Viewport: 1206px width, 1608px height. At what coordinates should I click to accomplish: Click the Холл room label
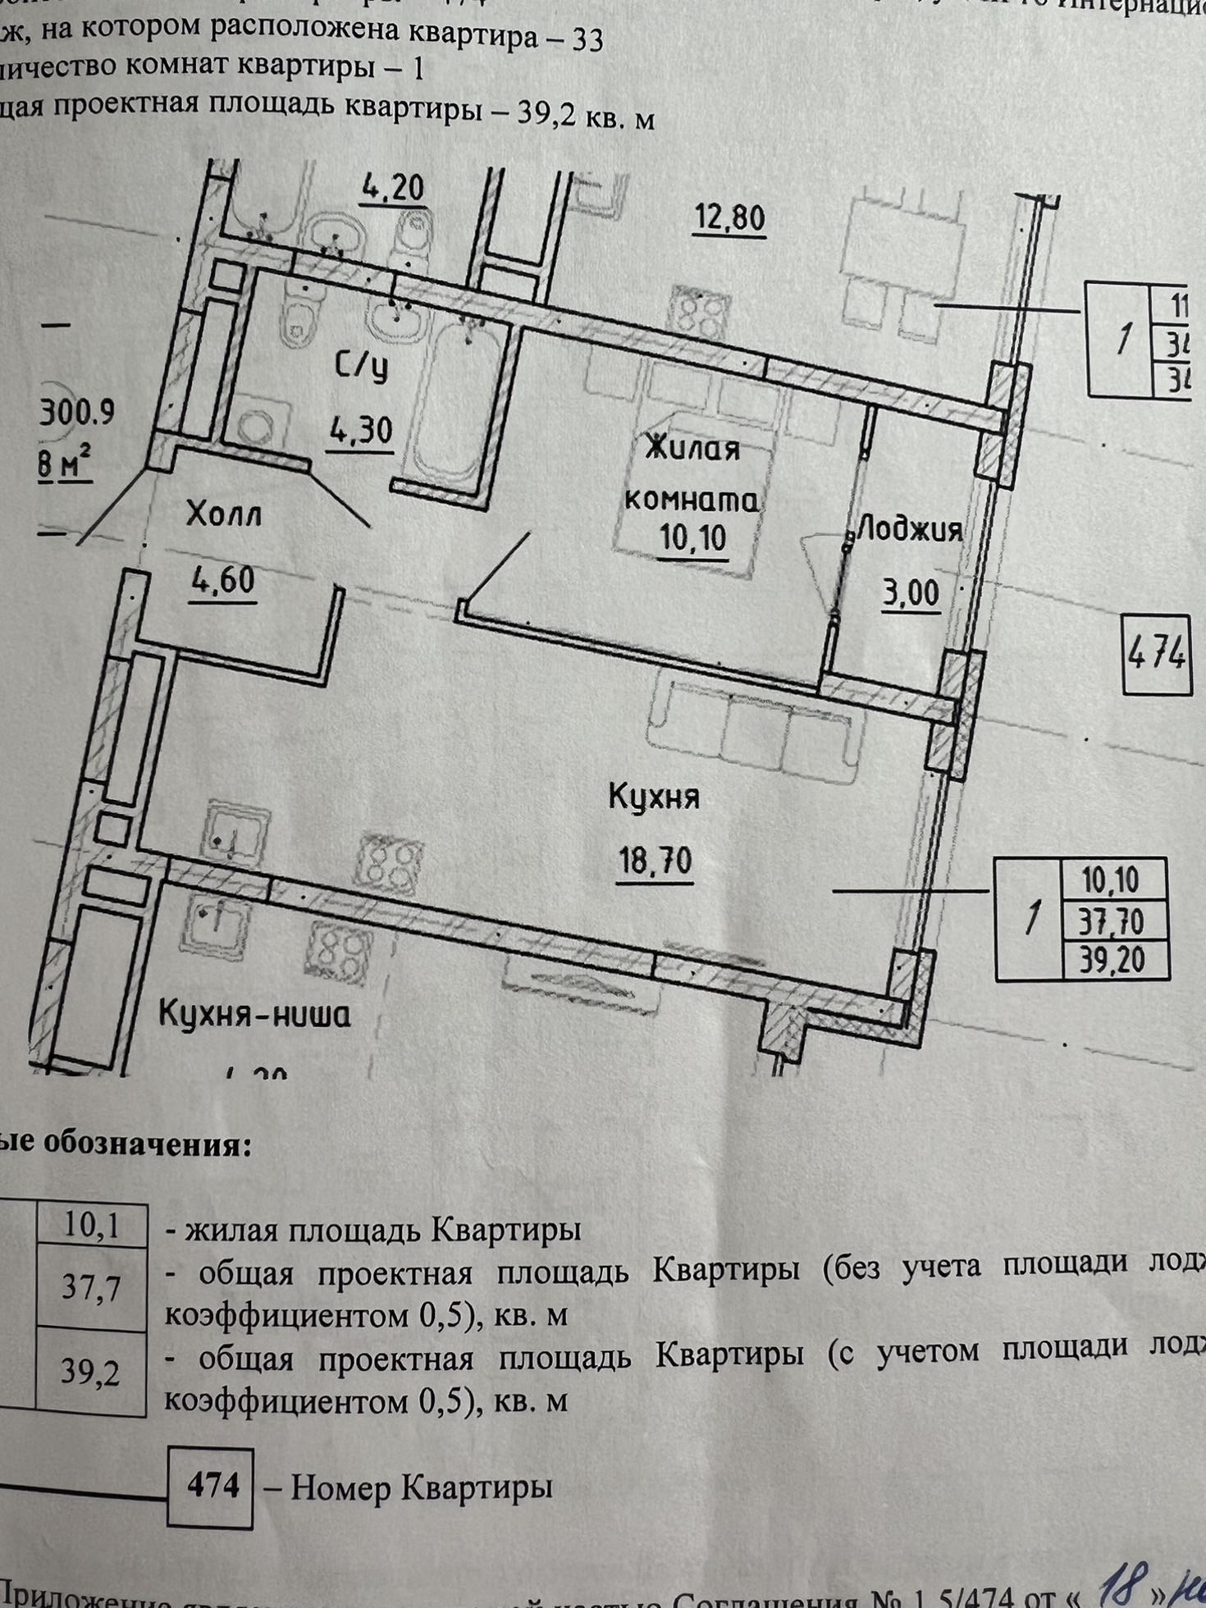[x=223, y=515]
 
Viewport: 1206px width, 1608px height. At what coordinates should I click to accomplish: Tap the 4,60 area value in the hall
[x=222, y=582]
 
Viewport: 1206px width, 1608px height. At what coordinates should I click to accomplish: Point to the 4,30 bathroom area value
[x=361, y=430]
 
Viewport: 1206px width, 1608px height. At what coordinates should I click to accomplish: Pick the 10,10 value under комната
[x=693, y=539]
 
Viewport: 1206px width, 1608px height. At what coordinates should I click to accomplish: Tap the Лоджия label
[x=909, y=529]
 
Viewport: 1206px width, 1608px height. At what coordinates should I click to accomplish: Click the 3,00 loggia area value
[x=911, y=592]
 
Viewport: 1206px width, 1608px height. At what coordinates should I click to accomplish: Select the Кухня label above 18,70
[x=654, y=797]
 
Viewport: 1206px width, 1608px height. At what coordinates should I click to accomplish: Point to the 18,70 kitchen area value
[x=656, y=861]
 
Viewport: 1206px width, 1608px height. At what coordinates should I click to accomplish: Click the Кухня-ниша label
[x=254, y=1016]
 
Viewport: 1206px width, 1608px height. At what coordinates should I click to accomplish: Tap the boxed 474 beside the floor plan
[x=1156, y=654]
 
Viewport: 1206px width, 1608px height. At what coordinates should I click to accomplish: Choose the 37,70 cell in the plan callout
[x=1112, y=922]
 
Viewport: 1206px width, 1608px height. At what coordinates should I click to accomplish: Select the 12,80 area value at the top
[x=729, y=218]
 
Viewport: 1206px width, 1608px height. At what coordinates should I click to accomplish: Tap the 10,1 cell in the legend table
[x=91, y=1226]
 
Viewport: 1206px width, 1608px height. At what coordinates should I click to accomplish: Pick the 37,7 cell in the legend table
[x=91, y=1288]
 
